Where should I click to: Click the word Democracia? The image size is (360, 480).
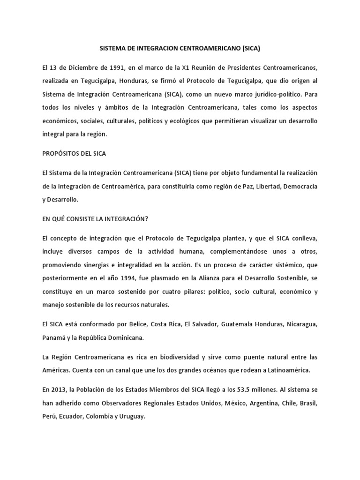[300, 186]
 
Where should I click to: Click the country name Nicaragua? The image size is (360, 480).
[301, 324]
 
